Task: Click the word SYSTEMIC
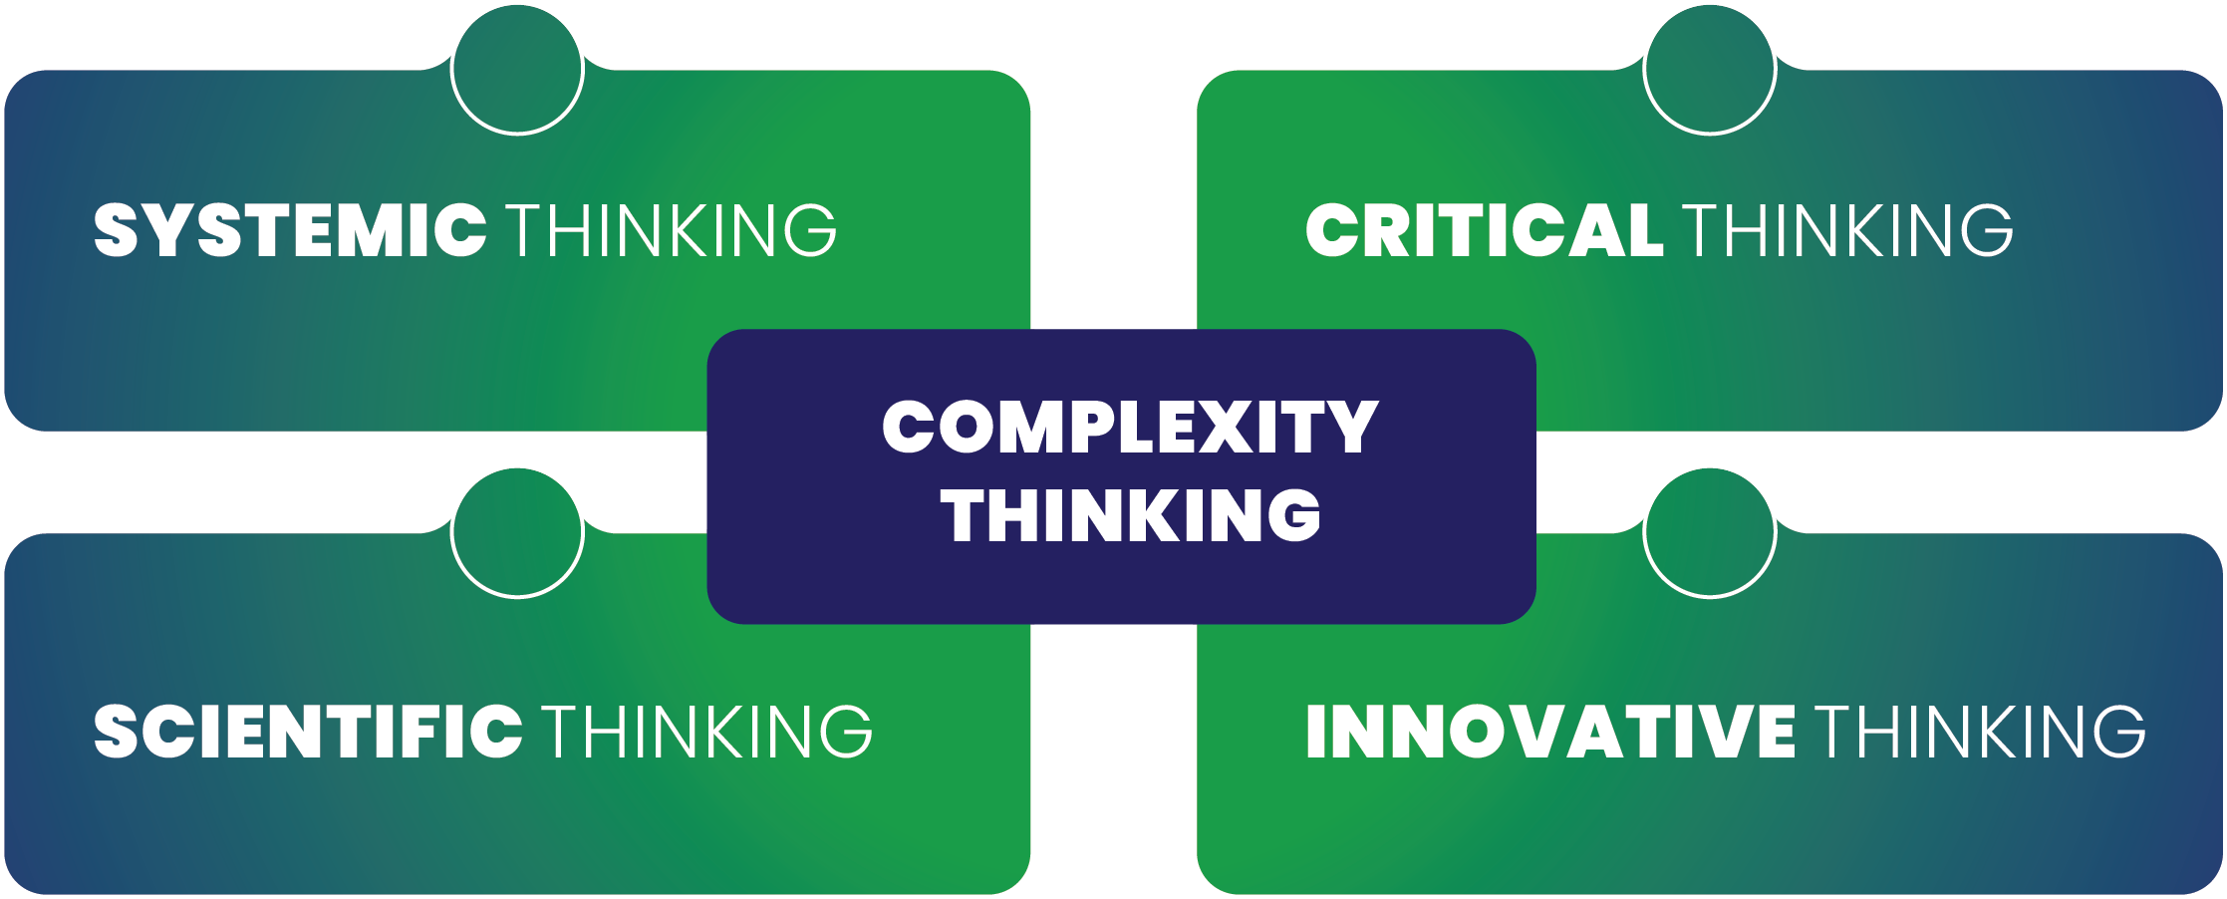pos(290,230)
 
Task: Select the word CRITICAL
pos(1484,230)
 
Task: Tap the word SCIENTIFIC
pos(308,731)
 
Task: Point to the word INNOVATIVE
pos(1550,731)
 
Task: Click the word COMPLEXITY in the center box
pos(1130,427)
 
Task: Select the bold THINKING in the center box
pos(1130,515)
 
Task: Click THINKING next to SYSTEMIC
pos(673,230)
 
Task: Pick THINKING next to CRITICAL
pos(1848,230)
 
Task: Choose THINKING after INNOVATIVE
pos(1980,731)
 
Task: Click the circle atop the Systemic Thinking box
pos(517,69)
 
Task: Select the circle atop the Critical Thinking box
pos(1710,69)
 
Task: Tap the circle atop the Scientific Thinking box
pos(517,532)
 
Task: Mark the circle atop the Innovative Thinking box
pos(1710,532)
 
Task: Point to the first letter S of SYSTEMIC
pos(116,230)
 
